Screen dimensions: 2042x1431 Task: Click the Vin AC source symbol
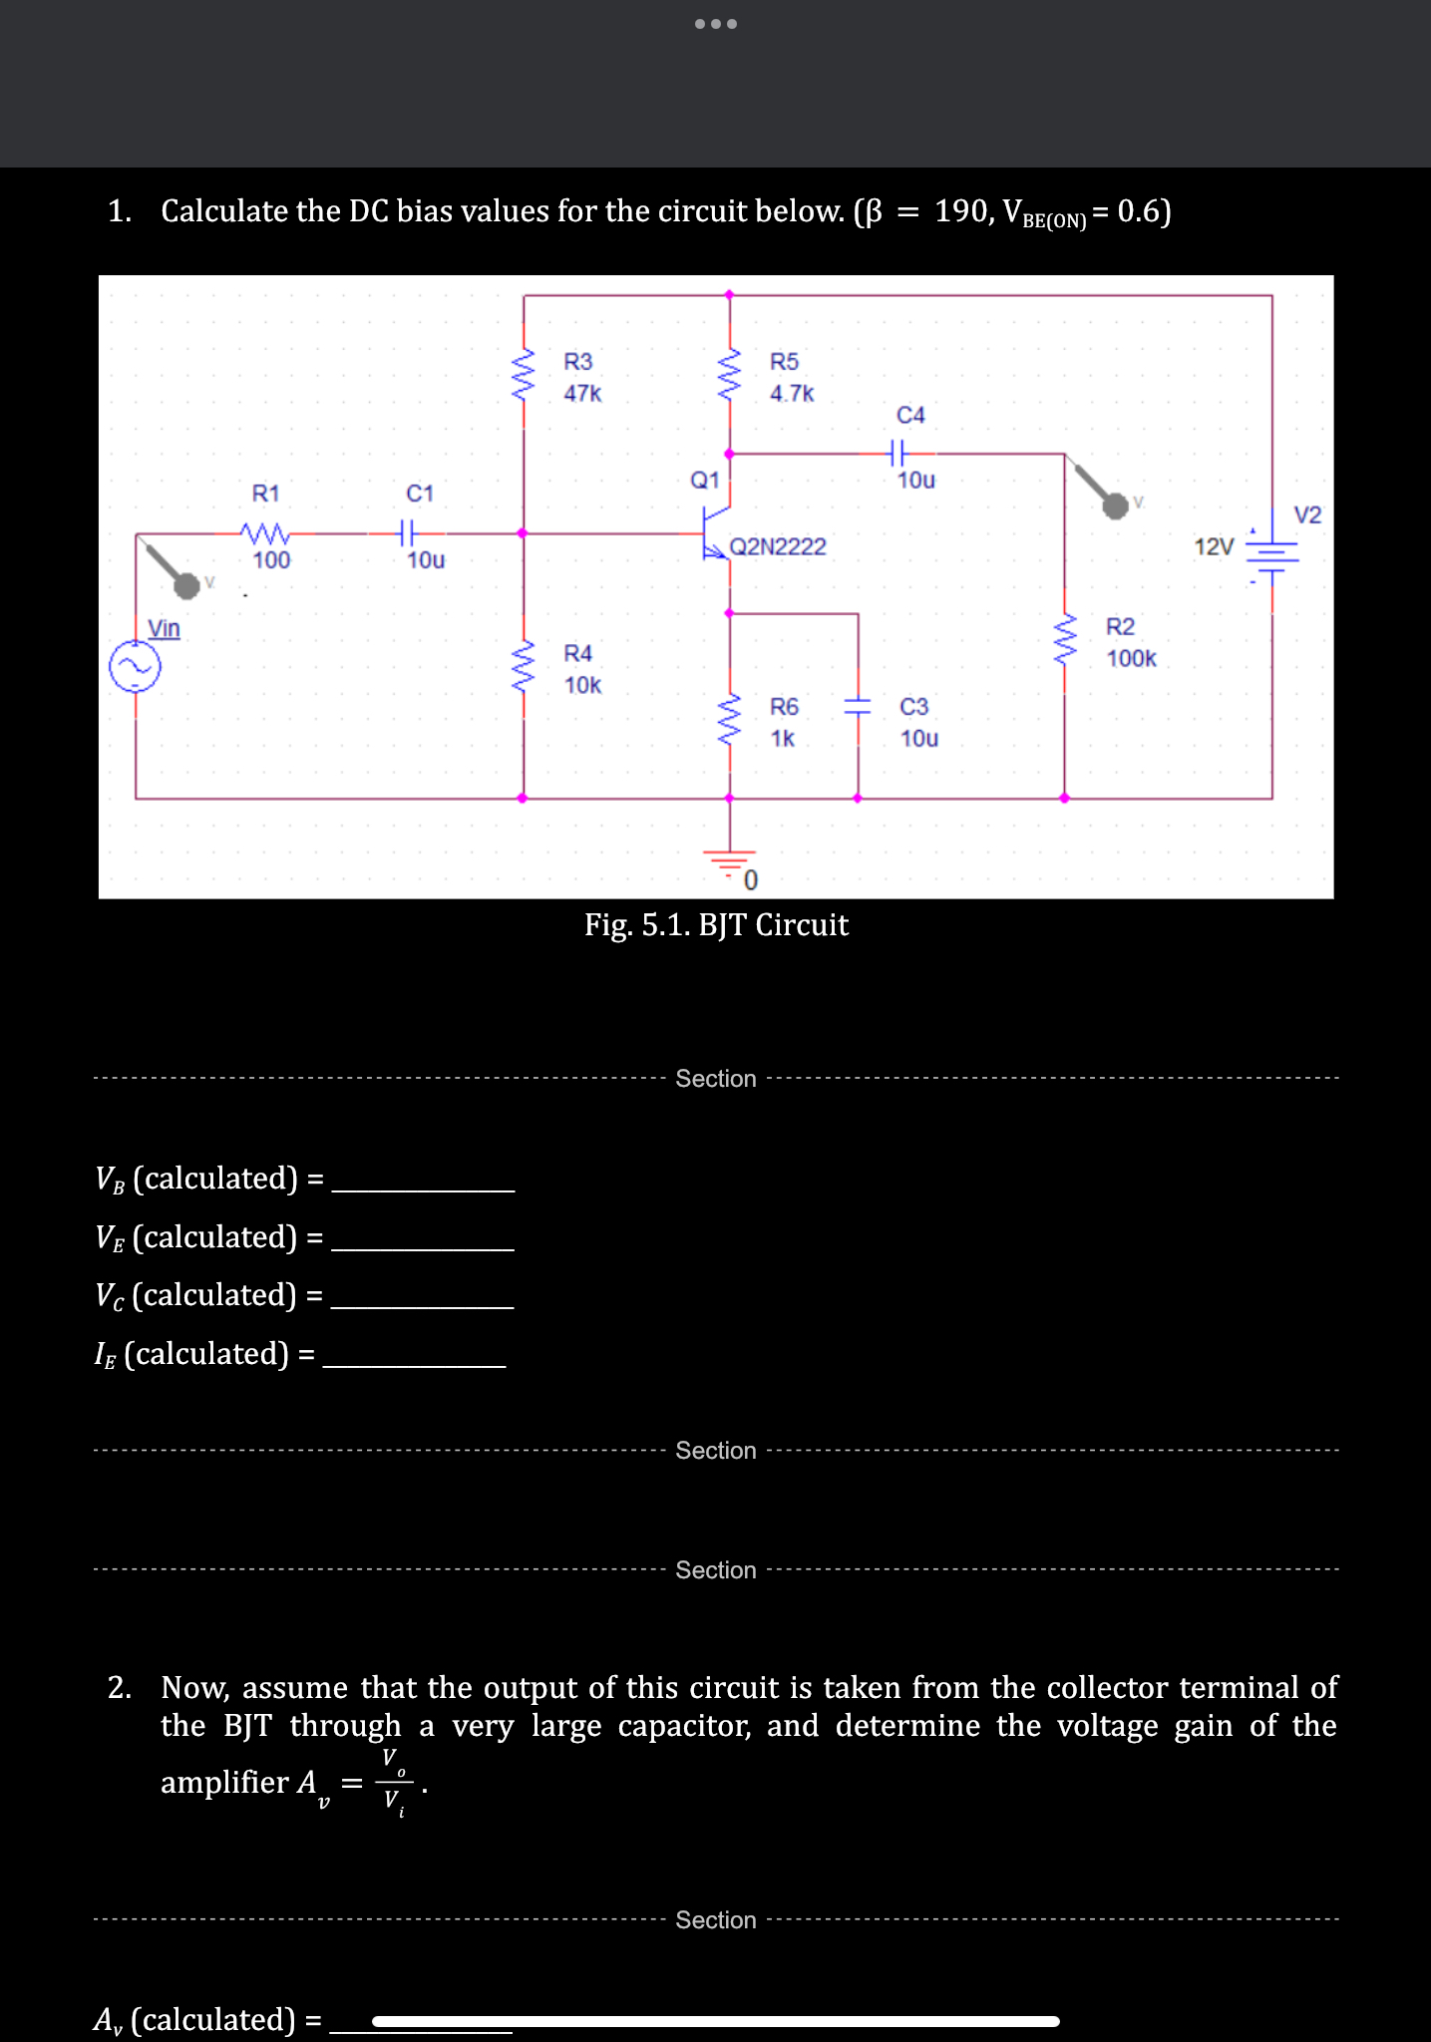pyautogui.click(x=135, y=667)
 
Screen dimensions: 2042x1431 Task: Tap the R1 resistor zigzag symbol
pyautogui.click(x=265, y=532)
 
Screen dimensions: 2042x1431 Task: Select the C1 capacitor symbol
pyautogui.click(x=406, y=532)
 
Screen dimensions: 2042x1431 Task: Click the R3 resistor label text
pyautogui.click(x=577, y=361)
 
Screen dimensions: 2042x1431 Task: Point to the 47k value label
pyautogui.click(x=582, y=393)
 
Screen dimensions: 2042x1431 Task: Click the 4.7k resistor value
pyautogui.click(x=792, y=393)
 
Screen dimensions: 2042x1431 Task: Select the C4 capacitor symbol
pyautogui.click(x=896, y=454)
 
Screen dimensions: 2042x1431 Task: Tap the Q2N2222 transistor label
pyautogui.click(x=778, y=546)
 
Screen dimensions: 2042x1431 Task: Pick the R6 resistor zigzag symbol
pyautogui.click(x=730, y=721)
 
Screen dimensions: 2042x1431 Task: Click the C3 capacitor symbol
pyautogui.click(x=858, y=707)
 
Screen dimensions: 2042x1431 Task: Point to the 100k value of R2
pyautogui.click(x=1131, y=658)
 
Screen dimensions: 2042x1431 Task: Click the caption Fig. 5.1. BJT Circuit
pyautogui.click(x=716, y=925)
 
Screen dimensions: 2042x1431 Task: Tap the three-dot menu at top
pyautogui.click(x=715, y=24)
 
